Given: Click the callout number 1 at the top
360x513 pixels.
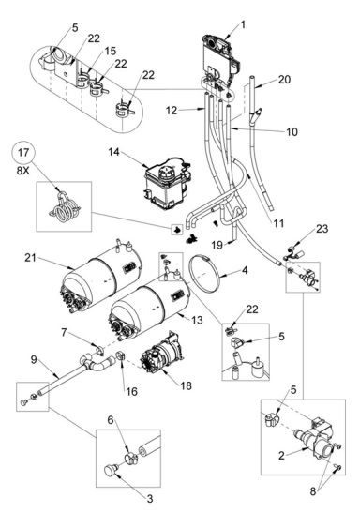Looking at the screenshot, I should coord(242,23).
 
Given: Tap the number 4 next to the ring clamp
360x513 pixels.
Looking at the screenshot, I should coord(246,270).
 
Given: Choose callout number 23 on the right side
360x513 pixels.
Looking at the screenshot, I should coord(322,227).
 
